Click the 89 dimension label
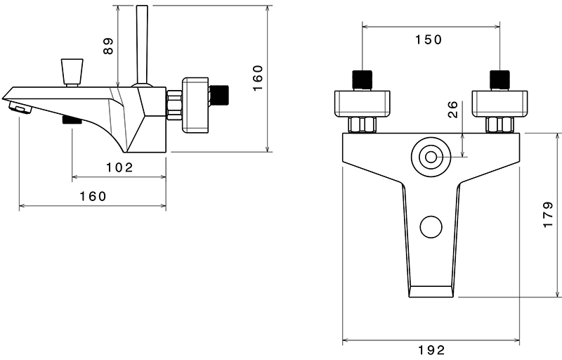(107, 46)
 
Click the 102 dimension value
(119, 167)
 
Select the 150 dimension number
(429, 40)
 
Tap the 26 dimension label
(453, 109)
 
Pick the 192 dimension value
(431, 349)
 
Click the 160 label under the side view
(92, 196)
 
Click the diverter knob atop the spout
(71, 71)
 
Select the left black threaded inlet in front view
(362, 80)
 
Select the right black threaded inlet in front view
(499, 80)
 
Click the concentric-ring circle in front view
(429, 157)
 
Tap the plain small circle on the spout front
(430, 227)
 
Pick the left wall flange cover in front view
(362, 103)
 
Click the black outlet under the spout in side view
(72, 120)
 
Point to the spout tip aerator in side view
(20, 108)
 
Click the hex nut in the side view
(174, 106)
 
